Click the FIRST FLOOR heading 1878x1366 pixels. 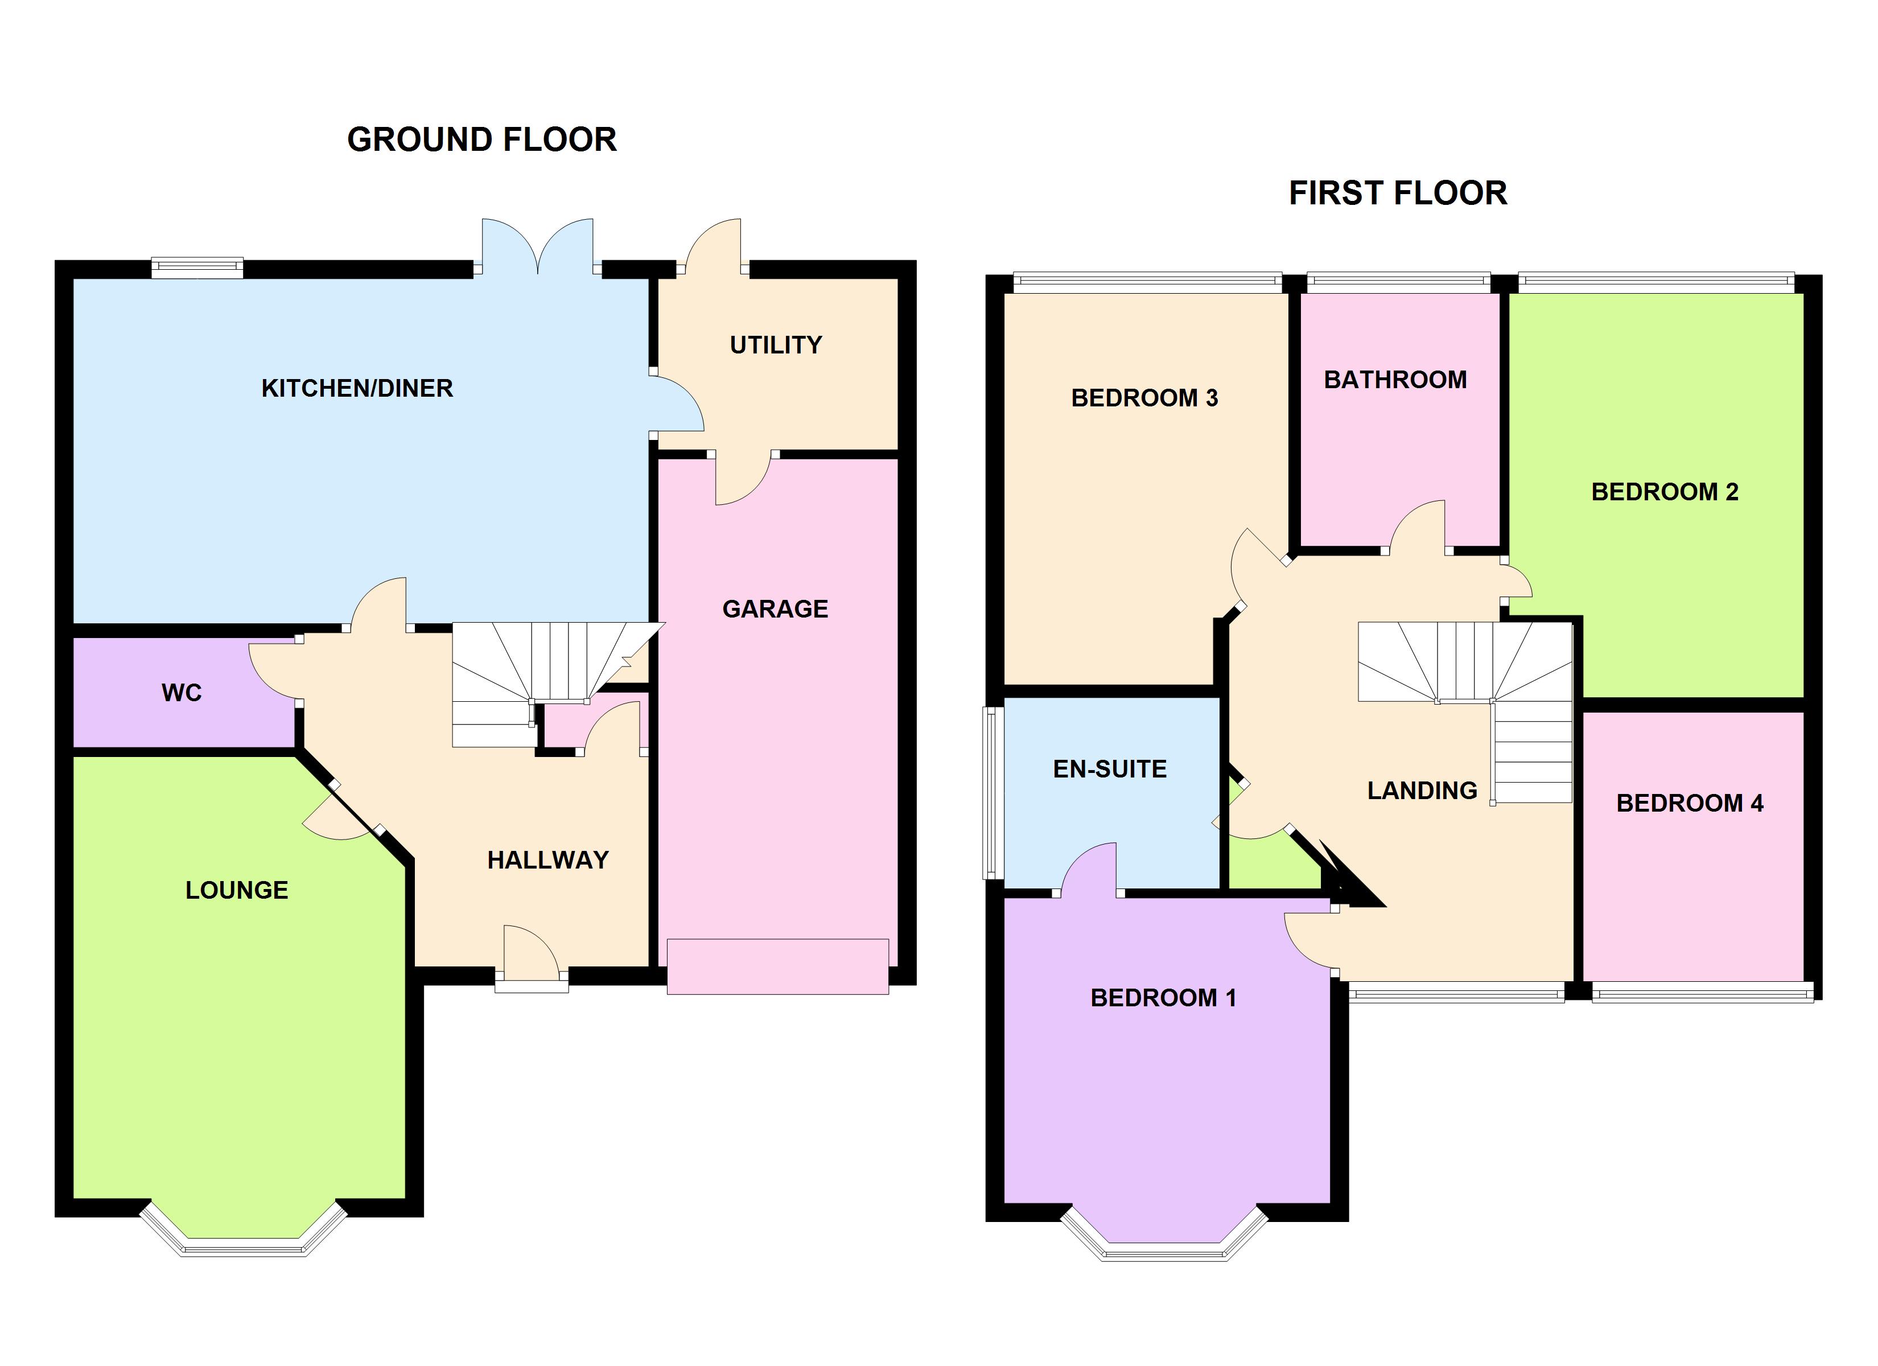[x=1398, y=193]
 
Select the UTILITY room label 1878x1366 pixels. [x=775, y=344]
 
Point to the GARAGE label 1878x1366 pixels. [x=775, y=609]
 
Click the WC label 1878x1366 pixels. [x=182, y=693]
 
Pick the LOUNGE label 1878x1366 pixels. [x=237, y=890]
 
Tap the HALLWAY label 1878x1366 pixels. [x=547, y=860]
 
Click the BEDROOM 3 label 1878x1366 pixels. [x=1144, y=398]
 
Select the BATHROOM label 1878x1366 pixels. [x=1395, y=380]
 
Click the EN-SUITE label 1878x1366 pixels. [x=1110, y=769]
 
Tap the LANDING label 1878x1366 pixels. [x=1422, y=790]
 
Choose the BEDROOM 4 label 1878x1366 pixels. [x=1689, y=803]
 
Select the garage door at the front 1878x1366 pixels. [x=777, y=966]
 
